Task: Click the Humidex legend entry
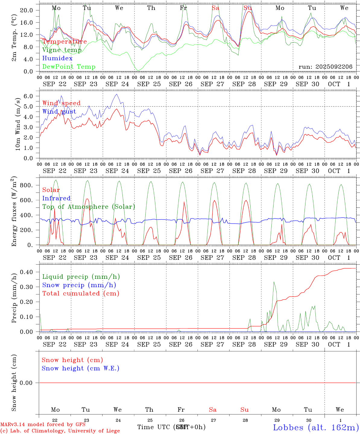pyautogui.click(x=57, y=58)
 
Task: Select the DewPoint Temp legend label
pyautogui.click(x=69, y=67)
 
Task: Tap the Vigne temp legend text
pyautogui.click(x=62, y=50)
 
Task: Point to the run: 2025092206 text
pyautogui.click(x=325, y=67)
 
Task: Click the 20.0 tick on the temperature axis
pyautogui.click(x=27, y=10)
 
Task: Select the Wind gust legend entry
pyautogui.click(x=59, y=112)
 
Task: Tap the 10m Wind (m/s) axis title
pyautogui.click(x=18, y=124)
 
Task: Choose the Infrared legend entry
pyautogui.click(x=56, y=198)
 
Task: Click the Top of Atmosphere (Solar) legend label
pyautogui.click(x=88, y=207)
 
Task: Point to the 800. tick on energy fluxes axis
pyautogui.click(x=26, y=185)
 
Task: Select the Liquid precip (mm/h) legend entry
pyautogui.click(x=81, y=277)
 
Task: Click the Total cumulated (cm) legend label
pyautogui.click(x=81, y=294)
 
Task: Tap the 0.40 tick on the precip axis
pyautogui.click(x=27, y=272)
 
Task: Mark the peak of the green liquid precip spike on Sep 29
pyautogui.click(x=274, y=282)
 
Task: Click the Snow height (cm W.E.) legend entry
pyautogui.click(x=80, y=368)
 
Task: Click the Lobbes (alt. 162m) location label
pyautogui.click(x=316, y=427)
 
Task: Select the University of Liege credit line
pyautogui.click(x=60, y=431)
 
